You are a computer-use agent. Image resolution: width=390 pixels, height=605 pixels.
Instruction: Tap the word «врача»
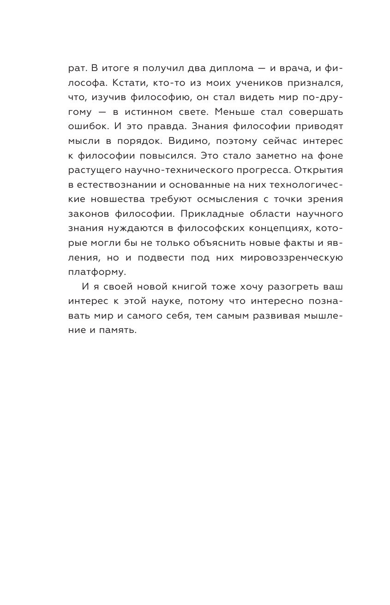291,68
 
